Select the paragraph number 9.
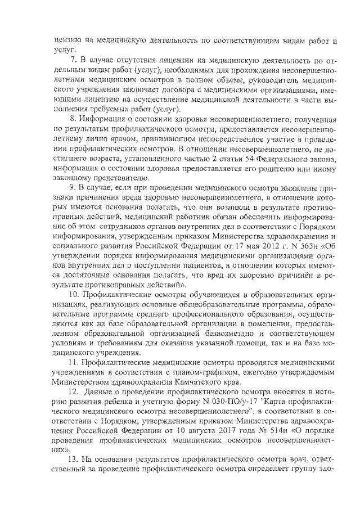coord(72,186)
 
